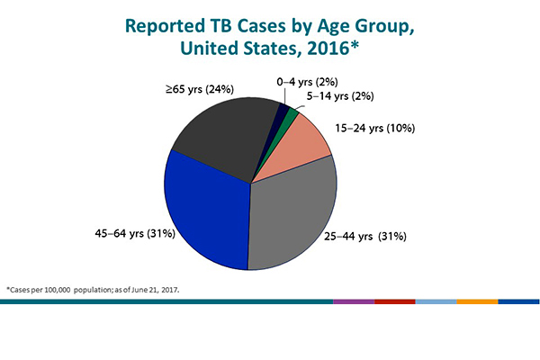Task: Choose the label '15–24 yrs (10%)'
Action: [x=374, y=128]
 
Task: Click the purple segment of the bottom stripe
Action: [x=353, y=302]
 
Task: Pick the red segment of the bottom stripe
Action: [x=394, y=302]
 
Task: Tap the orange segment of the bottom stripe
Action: [x=477, y=302]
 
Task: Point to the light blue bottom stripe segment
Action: [x=436, y=302]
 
